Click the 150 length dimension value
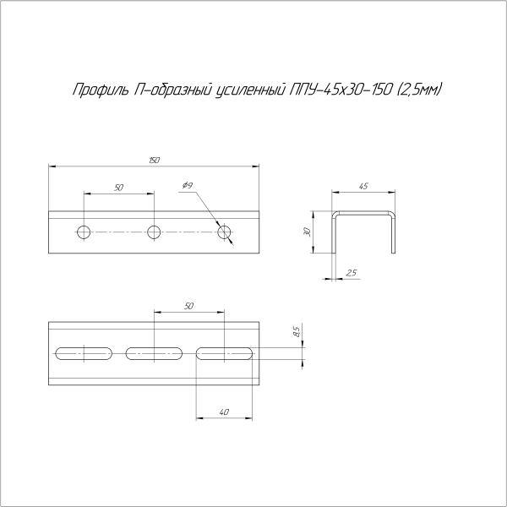pos(155,160)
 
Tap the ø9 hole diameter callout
pos(188,185)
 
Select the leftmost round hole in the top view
pos(84,232)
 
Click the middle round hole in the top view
pos(154,232)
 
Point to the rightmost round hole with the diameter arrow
pos(224,232)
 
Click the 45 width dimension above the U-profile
pos(363,186)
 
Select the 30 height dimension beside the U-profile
pos(308,232)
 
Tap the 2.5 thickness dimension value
pos(352,273)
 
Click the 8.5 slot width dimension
pos(297,332)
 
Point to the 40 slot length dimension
pos(224,412)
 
